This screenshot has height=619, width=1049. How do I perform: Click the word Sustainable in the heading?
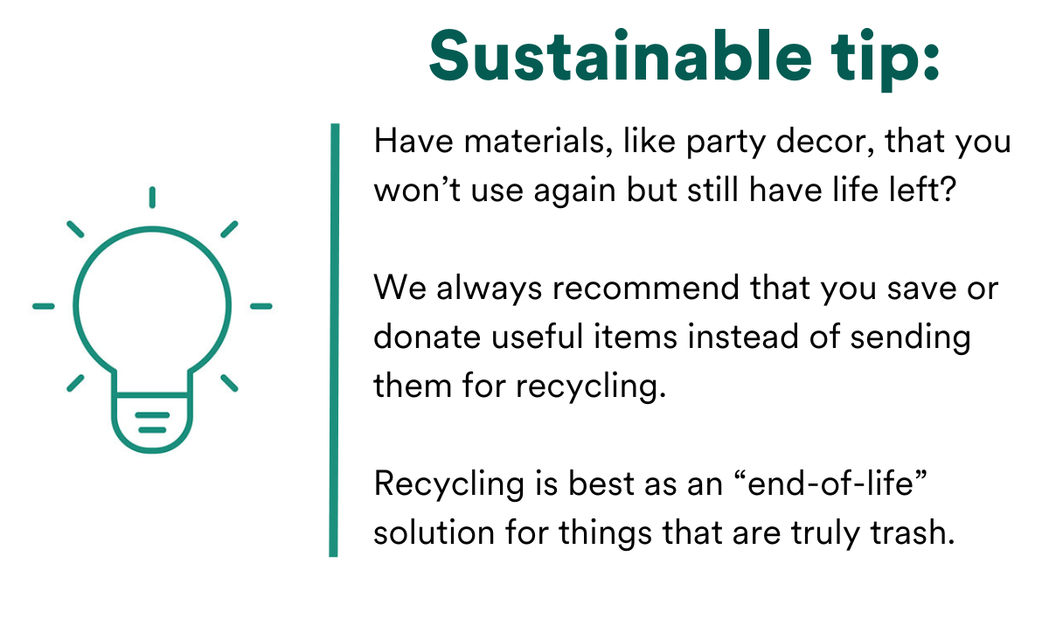pos(620,56)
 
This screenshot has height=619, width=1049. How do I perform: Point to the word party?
pos(726,143)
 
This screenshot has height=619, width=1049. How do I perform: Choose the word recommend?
pos(646,287)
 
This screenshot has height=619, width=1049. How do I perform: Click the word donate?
pos(427,337)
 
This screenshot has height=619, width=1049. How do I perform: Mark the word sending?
pos(910,338)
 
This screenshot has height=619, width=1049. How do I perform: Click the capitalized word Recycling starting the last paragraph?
pos(448,485)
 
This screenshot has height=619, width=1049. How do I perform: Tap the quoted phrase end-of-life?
pos(830,483)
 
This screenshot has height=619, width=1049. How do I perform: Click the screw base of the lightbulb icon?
pos(152,423)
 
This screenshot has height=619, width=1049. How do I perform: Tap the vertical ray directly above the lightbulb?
pos(152,197)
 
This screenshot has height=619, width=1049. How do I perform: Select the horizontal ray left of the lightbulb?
pos(44,306)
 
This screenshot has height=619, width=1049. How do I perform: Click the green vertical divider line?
pos(334,340)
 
